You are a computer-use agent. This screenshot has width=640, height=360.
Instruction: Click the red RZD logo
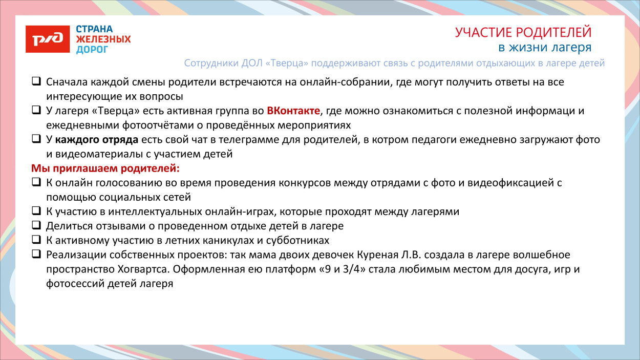(48, 39)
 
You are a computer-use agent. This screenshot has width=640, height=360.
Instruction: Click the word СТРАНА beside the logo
(95, 29)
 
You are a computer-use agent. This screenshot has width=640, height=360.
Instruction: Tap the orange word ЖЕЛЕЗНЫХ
(103, 39)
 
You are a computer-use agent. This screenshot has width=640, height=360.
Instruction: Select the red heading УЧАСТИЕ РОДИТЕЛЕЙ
(523, 32)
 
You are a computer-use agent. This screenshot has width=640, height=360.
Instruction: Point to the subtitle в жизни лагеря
(545, 48)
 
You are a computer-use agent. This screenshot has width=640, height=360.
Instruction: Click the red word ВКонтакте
(293, 111)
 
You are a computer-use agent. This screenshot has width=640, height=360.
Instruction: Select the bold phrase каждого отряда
(97, 139)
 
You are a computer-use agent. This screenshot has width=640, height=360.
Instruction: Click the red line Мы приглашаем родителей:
(106, 168)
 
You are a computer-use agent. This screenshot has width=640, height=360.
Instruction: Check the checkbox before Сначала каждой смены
(36, 81)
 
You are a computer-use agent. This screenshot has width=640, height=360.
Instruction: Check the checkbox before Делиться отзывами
(36, 225)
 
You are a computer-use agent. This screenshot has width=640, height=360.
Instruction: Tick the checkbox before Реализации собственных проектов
(36, 254)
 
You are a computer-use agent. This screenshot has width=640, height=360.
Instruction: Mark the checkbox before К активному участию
(36, 239)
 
